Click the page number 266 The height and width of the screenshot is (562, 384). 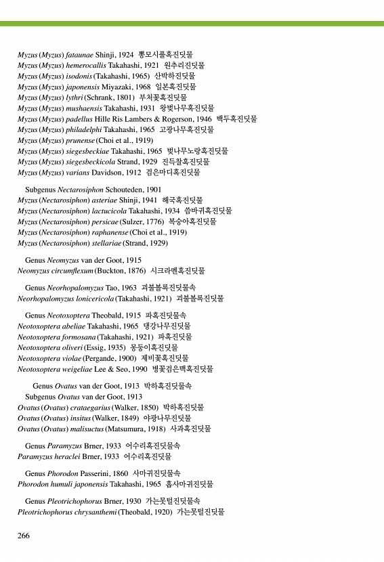tap(24, 536)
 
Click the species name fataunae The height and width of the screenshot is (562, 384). tap(81, 54)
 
